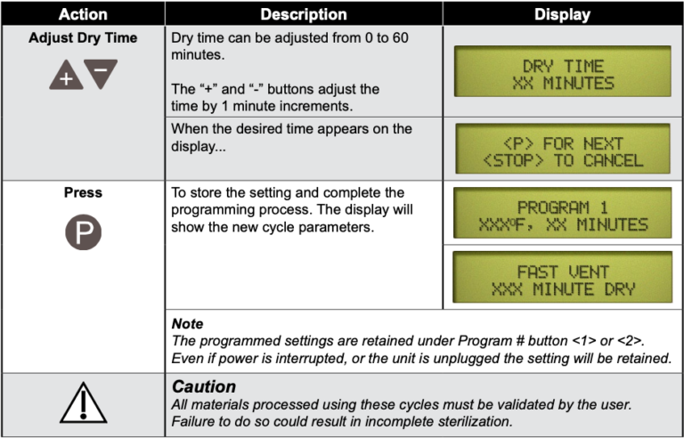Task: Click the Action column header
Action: tap(82, 14)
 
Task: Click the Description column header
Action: tap(304, 14)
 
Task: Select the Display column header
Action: tap(562, 14)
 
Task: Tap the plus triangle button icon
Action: tap(66, 76)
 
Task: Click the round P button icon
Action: tap(83, 232)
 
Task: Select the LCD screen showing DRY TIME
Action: tap(562, 74)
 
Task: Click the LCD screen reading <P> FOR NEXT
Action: tap(562, 150)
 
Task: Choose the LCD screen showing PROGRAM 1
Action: tap(562, 215)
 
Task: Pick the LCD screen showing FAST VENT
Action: tap(562, 280)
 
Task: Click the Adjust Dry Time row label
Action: tap(83, 38)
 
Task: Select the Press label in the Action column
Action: tap(83, 192)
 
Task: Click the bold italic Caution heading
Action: tap(204, 386)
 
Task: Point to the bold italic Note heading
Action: tap(187, 324)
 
